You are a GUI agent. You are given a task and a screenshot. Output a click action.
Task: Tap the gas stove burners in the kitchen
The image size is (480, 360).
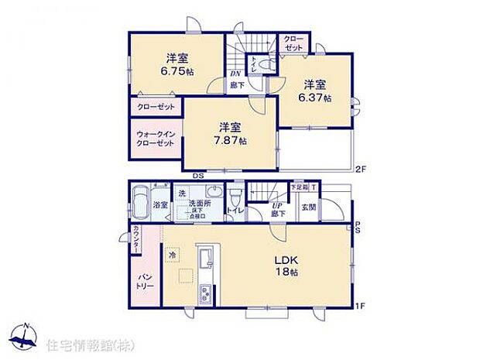pos(206,293)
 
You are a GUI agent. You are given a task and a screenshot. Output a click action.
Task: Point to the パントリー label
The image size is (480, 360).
pos(146,281)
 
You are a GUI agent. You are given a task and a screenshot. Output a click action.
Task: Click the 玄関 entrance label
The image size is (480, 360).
pos(308,207)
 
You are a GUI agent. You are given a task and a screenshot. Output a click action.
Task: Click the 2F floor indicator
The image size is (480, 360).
pos(360,169)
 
